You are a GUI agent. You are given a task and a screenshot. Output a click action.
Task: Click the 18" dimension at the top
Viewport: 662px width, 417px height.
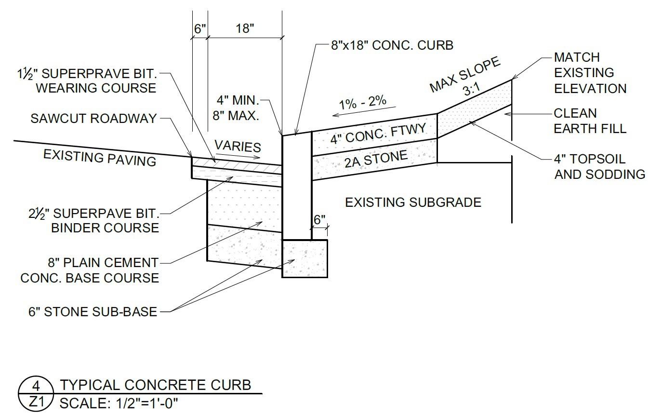point(245,29)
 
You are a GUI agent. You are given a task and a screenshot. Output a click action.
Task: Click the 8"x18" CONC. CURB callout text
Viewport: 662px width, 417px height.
point(392,45)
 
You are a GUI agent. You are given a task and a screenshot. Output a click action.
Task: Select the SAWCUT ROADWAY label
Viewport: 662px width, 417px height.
point(93,118)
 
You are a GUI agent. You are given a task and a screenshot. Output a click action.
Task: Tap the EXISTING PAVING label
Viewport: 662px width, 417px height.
point(100,158)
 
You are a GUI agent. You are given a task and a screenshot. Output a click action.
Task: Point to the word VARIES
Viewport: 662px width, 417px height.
point(238,146)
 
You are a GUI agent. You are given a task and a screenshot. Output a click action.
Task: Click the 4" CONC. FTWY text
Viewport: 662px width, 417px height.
point(378,134)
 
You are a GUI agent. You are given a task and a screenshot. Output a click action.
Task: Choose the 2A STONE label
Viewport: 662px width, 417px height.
point(376,159)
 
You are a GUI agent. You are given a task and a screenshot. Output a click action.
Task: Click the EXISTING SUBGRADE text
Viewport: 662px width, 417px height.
point(413,202)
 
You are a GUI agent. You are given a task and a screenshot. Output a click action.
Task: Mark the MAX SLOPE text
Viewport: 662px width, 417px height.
point(464,74)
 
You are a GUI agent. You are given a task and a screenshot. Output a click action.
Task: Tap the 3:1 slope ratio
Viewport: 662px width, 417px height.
point(472,89)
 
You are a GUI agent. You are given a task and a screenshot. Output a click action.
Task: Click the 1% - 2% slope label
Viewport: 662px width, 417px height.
point(362,102)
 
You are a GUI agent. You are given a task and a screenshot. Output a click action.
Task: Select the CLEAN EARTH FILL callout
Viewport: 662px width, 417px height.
point(590,121)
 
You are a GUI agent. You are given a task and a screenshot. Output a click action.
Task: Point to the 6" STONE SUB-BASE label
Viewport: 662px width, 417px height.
point(93,312)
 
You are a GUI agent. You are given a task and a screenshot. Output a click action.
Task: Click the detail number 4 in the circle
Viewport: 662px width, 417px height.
point(36,386)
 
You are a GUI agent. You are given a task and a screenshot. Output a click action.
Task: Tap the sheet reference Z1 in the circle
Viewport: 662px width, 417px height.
point(36,402)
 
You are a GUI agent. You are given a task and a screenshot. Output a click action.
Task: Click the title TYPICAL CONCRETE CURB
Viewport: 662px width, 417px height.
point(156,385)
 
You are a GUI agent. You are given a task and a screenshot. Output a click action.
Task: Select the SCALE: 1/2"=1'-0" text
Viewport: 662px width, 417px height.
point(119,404)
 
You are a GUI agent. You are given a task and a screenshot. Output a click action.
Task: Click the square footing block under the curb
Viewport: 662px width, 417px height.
point(305,258)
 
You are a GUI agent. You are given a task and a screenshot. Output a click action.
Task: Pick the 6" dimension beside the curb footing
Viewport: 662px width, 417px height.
point(319,220)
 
